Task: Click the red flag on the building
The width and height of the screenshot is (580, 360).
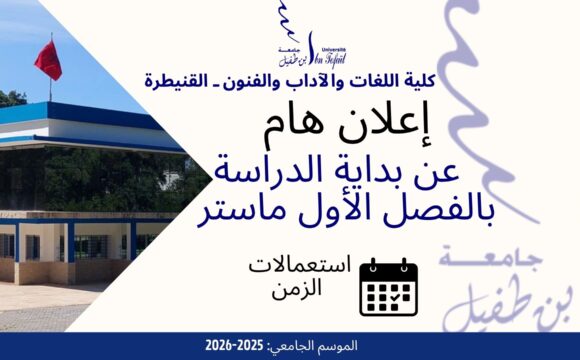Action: click(47, 59)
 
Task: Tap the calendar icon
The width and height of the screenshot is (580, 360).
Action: click(388, 287)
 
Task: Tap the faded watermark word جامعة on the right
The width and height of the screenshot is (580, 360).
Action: click(523, 262)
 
